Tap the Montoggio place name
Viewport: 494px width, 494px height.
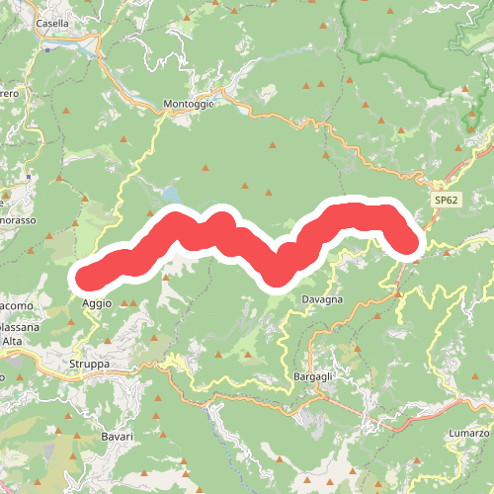[188, 103]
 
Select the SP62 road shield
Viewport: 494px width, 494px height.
[447, 200]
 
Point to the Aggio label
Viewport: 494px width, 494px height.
[97, 303]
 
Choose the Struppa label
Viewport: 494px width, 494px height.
[89, 365]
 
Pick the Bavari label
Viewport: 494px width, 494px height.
[116, 435]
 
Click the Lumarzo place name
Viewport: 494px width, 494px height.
[468, 434]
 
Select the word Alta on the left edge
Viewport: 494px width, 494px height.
[12, 340]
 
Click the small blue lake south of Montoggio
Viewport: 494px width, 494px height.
[173, 194]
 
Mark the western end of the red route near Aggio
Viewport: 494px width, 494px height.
[85, 278]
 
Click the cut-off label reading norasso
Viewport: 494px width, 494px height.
[17, 219]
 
